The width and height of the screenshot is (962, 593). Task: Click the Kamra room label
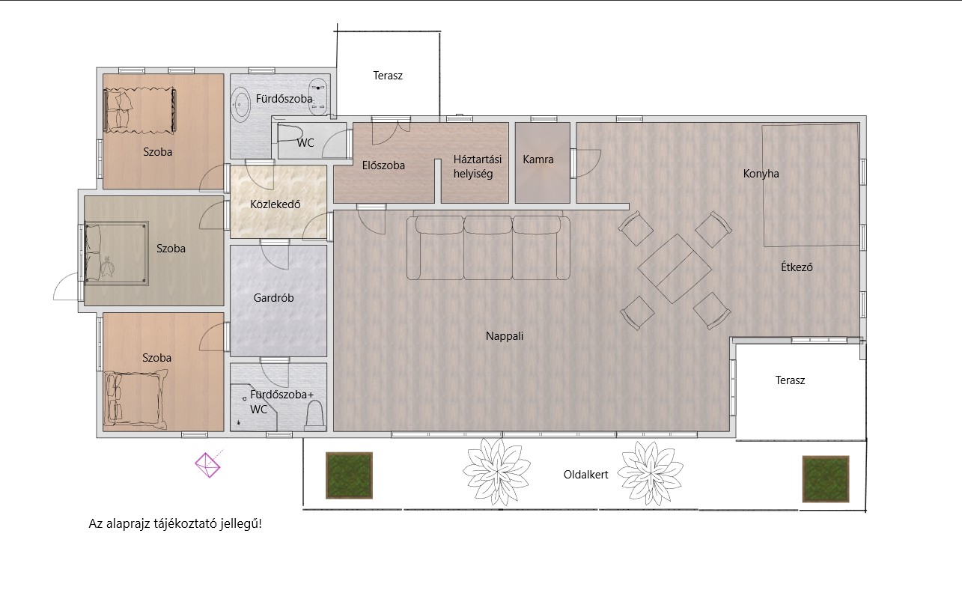538,159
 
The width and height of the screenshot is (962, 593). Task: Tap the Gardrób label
273,297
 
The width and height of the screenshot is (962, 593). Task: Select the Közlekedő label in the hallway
275,204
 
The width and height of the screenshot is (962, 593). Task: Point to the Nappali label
505,336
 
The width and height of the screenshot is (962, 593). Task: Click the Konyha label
761,174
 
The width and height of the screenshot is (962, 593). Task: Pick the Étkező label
797,267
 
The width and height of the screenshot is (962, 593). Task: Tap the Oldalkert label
585,475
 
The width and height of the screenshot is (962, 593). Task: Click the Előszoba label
383,165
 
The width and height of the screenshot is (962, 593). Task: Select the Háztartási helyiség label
477,167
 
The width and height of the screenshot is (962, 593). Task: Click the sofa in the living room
488,248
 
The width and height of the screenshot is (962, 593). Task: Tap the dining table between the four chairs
675,269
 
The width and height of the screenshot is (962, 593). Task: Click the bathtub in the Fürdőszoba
240,103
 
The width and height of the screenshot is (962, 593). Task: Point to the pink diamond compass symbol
208,465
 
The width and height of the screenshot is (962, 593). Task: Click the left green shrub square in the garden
349,475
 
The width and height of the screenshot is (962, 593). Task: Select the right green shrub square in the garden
826,478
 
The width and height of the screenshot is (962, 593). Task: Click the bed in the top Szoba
140,110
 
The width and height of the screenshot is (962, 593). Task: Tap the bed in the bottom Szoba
136,400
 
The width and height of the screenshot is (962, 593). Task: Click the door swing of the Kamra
588,163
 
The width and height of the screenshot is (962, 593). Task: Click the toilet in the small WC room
290,133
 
